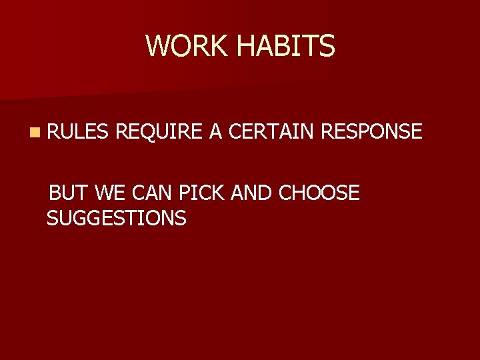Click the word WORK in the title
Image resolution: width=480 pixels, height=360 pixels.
click(187, 45)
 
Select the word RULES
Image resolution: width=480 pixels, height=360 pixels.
click(76, 132)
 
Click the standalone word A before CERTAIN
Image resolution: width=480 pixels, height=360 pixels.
click(215, 132)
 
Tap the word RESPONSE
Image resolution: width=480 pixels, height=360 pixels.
click(371, 132)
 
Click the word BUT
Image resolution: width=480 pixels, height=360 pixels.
click(69, 193)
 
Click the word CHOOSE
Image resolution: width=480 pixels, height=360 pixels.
click(319, 193)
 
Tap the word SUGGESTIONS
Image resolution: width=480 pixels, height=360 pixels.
click(117, 217)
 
